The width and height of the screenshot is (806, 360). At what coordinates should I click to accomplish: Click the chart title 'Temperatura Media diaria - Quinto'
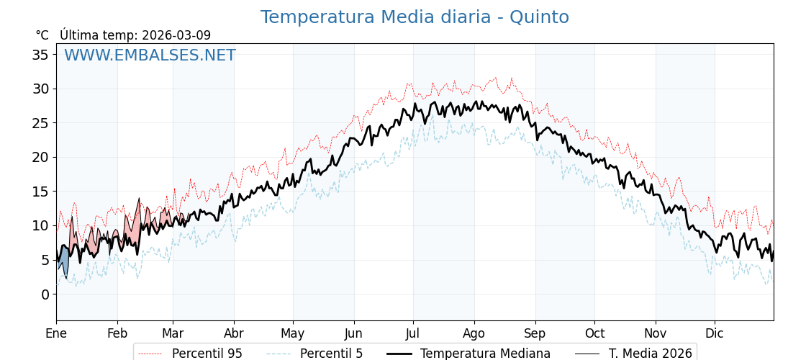[415, 17]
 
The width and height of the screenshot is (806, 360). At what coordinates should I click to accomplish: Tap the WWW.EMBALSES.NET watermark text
[150, 55]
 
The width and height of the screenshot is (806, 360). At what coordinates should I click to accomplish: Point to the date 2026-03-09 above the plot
[176, 35]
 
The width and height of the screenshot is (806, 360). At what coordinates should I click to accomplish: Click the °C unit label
[42, 35]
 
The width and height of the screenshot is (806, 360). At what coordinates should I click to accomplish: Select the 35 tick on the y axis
[40, 55]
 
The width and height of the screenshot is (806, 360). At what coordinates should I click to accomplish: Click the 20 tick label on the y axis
[40, 157]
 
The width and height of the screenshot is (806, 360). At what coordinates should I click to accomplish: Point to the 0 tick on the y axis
[45, 294]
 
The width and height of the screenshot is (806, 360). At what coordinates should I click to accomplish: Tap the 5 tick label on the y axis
[45, 260]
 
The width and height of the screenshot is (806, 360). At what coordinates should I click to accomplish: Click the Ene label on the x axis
[56, 333]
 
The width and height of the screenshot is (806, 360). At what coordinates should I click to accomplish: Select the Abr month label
[234, 333]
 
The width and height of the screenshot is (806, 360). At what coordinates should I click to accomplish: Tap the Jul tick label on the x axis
[413, 333]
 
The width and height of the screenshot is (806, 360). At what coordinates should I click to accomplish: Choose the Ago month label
[474, 333]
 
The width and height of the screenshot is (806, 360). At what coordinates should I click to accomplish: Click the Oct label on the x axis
[594, 333]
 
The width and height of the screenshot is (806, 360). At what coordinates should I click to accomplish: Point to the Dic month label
[715, 333]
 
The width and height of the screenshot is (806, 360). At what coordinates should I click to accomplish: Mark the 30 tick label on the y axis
[40, 89]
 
